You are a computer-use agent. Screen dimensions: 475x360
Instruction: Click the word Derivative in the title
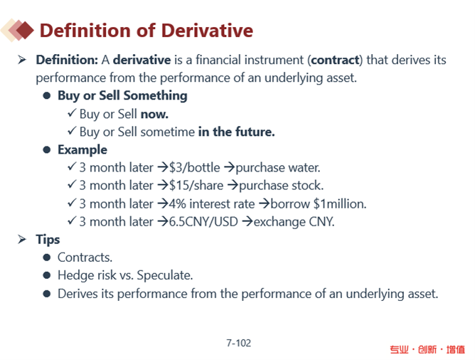207,31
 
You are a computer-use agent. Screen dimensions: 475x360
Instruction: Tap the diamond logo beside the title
17,31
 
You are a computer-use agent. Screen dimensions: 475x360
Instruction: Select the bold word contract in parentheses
335,60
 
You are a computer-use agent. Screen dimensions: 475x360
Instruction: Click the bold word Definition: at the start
67,60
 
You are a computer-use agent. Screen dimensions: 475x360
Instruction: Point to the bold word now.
154,115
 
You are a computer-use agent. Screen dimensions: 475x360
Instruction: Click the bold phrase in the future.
236,132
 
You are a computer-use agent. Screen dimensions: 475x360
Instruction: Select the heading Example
82,150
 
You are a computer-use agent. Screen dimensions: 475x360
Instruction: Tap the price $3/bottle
195,168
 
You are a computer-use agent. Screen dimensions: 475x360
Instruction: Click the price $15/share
196,186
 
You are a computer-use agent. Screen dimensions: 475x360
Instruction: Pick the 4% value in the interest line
178,203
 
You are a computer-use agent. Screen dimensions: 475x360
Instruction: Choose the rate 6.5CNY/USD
203,222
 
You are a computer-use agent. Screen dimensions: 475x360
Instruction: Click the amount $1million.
340,204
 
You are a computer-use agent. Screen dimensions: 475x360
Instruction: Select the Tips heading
48,239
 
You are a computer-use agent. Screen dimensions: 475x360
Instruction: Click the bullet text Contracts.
85,258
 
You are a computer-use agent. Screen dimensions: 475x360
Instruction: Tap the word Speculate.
165,276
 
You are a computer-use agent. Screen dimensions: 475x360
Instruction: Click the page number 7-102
239,343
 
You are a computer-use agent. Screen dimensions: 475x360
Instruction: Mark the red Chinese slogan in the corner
427,349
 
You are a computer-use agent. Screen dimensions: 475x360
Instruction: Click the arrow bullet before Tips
22,239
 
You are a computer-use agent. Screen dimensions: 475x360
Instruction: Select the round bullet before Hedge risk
47,275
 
